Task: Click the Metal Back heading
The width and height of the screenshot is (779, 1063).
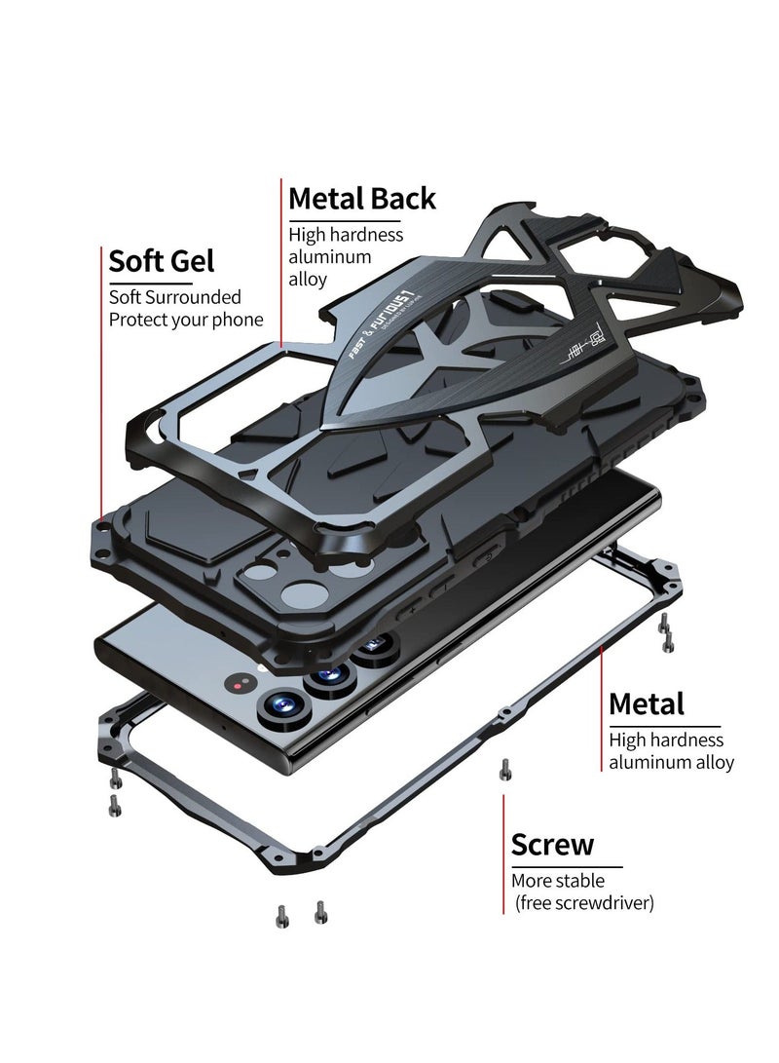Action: click(362, 199)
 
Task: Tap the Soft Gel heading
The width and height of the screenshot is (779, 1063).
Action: click(162, 261)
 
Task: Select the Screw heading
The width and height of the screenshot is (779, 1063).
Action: click(552, 845)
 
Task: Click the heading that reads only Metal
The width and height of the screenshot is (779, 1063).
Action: click(647, 704)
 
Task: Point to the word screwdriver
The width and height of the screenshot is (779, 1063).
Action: click(607, 904)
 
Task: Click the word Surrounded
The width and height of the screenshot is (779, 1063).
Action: click(193, 297)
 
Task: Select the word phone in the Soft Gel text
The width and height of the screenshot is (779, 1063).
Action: click(240, 320)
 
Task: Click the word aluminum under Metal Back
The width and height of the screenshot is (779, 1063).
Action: click(330, 257)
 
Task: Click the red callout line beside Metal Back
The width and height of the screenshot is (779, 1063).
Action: click(281, 263)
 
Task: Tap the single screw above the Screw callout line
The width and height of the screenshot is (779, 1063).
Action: click(503, 769)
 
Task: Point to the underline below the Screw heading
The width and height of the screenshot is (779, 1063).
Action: click(566, 866)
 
